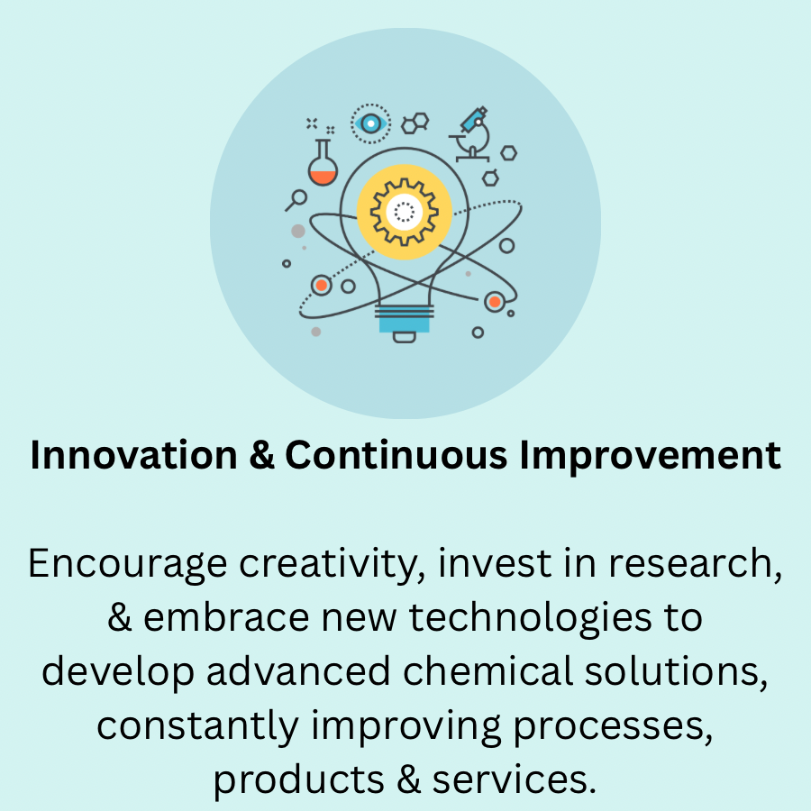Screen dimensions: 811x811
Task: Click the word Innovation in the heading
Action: [x=133, y=455]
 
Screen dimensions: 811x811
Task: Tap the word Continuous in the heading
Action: [x=396, y=455]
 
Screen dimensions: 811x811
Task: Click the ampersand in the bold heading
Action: [x=261, y=455]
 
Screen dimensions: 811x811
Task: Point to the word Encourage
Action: [x=127, y=565]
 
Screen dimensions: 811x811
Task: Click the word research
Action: [x=695, y=563]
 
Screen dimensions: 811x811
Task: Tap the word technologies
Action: [x=531, y=619]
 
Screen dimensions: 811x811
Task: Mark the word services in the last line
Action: [x=515, y=779]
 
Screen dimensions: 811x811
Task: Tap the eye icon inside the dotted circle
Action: [x=370, y=123]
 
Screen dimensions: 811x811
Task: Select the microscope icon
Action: [x=470, y=134]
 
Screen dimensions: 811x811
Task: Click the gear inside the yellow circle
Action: [x=405, y=212]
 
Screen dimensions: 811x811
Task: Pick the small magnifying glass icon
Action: [x=296, y=200]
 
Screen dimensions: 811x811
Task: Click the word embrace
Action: [x=226, y=617]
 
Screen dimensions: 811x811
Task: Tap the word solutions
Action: [x=676, y=672]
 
